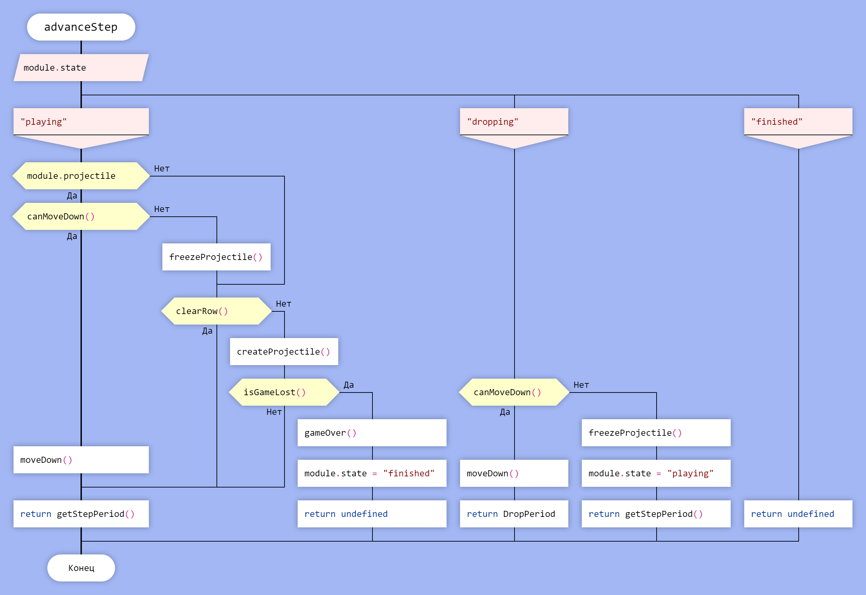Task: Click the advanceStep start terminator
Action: point(81,27)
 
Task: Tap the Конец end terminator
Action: point(81,568)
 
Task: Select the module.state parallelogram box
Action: point(81,68)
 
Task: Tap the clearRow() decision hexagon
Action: point(216,311)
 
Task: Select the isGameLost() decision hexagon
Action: point(284,392)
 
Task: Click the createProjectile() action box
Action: point(284,352)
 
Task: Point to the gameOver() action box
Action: point(372,433)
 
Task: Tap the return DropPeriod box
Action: point(514,514)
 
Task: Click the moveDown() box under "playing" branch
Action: point(81,460)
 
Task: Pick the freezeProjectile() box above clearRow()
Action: point(216,257)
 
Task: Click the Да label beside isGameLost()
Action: point(349,385)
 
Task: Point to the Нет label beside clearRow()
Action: point(283,304)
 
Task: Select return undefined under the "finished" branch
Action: point(798,514)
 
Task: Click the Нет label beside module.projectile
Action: point(162,168)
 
